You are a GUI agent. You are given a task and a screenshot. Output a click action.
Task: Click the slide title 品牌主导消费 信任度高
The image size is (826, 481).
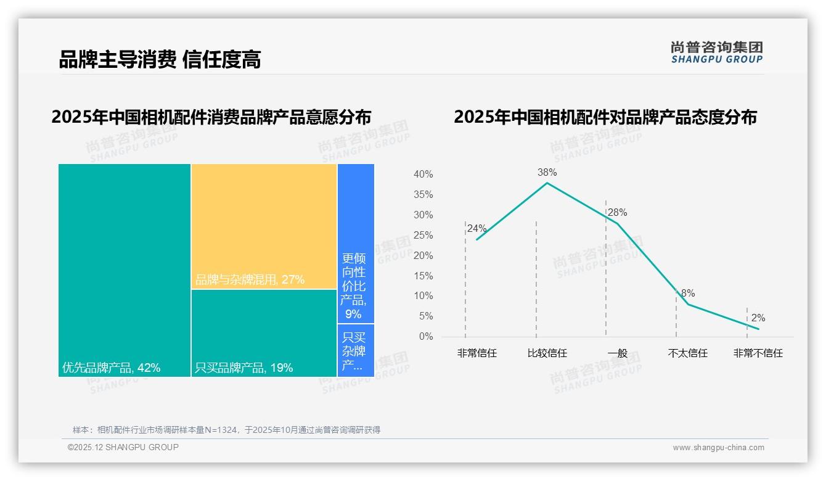pyautogui.click(x=160, y=59)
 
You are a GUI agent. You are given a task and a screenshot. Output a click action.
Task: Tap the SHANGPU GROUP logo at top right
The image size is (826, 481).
pyautogui.click(x=717, y=52)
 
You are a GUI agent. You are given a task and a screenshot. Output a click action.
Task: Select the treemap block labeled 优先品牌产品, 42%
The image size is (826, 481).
pyautogui.click(x=125, y=269)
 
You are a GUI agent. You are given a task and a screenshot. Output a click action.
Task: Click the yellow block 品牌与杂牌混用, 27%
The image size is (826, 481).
pyautogui.click(x=264, y=226)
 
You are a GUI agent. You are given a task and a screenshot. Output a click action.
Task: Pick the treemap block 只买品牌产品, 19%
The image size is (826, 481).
pyautogui.click(x=264, y=333)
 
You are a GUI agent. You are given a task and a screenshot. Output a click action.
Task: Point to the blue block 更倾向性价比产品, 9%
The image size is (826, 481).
pyautogui.click(x=356, y=243)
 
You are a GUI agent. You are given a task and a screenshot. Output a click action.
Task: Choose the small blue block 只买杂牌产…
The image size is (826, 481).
pyautogui.click(x=356, y=350)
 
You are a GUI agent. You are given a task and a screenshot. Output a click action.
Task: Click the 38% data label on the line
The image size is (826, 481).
pyautogui.click(x=547, y=172)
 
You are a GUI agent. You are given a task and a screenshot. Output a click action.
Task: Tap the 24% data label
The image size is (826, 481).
pyautogui.click(x=476, y=228)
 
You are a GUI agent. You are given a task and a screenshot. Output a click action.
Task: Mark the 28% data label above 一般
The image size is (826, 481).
pyautogui.click(x=617, y=212)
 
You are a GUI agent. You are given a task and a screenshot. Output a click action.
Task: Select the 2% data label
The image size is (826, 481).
pyautogui.click(x=758, y=318)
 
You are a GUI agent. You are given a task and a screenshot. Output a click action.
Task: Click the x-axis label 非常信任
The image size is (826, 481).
pyautogui.click(x=476, y=353)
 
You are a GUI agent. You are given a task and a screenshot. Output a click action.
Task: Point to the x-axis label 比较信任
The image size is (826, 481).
pyautogui.click(x=547, y=353)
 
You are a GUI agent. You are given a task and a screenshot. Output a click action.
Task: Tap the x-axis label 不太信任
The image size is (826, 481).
pyautogui.click(x=687, y=353)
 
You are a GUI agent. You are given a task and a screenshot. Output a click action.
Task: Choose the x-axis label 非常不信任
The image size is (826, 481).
pyautogui.click(x=758, y=353)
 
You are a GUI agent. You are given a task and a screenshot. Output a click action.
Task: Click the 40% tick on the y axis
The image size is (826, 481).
pyautogui.click(x=423, y=175)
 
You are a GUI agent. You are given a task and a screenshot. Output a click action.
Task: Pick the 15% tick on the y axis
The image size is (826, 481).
pyautogui.click(x=423, y=276)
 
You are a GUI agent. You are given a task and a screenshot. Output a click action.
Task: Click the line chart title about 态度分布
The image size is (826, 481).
pyautogui.click(x=605, y=117)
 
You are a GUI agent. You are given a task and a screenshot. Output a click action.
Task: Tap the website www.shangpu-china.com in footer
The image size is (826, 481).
pyautogui.click(x=718, y=447)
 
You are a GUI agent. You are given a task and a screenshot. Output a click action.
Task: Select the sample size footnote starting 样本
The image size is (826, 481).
pyautogui.click(x=226, y=430)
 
